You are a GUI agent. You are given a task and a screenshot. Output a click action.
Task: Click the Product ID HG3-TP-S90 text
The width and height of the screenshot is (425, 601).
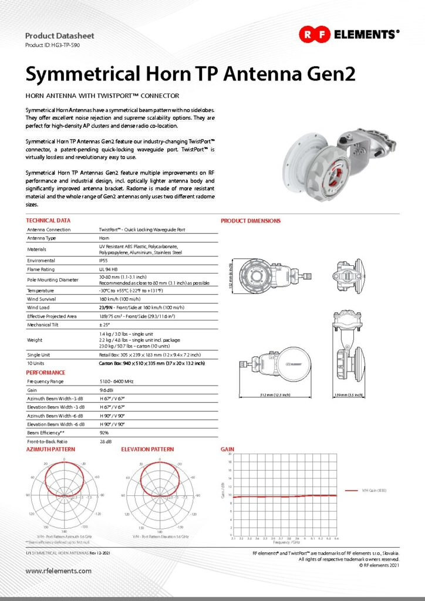[x=52, y=45]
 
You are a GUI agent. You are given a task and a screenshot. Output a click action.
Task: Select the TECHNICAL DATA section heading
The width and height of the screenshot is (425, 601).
[x=49, y=221]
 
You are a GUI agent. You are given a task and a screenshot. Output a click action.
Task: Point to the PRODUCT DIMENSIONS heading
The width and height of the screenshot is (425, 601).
[x=251, y=221]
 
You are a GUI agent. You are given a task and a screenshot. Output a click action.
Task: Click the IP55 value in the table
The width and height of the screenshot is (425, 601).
[x=103, y=260]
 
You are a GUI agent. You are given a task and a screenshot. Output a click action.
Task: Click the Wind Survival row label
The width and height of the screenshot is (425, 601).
[x=43, y=299]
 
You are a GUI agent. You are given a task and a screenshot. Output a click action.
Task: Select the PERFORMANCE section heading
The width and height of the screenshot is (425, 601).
[x=45, y=372]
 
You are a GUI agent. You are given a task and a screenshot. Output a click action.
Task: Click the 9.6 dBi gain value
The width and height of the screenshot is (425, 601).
[x=106, y=390]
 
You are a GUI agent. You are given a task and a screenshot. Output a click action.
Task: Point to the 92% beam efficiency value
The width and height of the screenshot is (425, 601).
[x=104, y=432]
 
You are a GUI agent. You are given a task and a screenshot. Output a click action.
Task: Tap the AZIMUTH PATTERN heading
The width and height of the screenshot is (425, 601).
[x=50, y=449]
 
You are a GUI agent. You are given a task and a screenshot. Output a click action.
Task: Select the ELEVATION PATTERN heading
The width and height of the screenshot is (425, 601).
[x=147, y=449]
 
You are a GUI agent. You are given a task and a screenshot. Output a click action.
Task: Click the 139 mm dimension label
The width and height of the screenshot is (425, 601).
[x=343, y=395]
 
